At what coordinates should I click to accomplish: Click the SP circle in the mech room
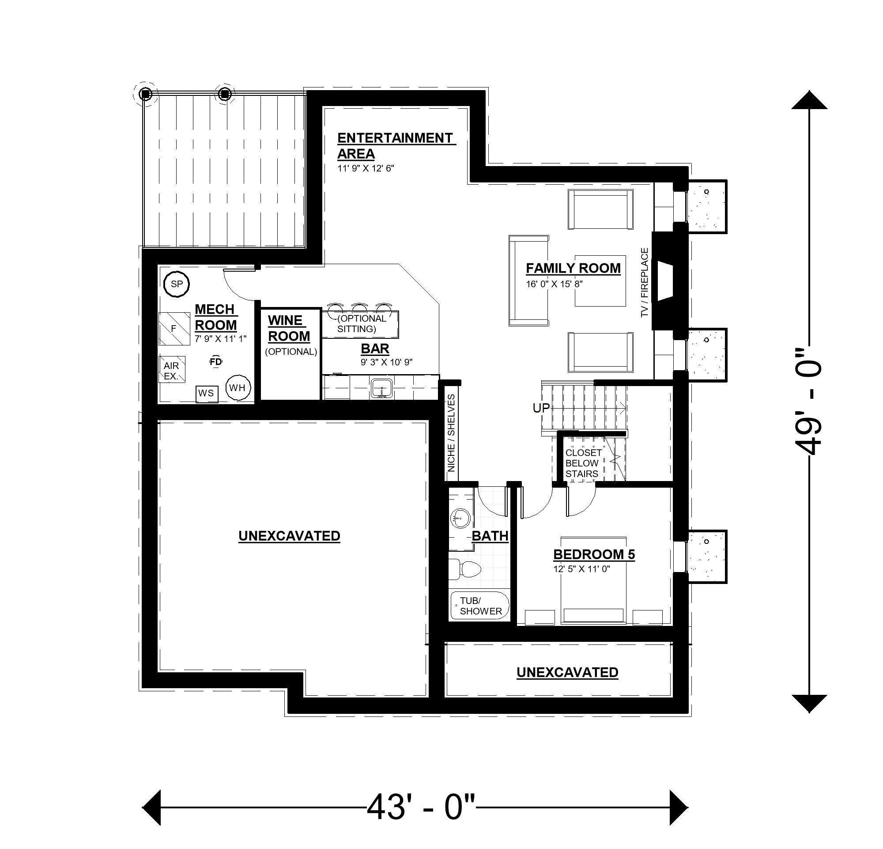tap(177, 284)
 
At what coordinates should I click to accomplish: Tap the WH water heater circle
tap(238, 387)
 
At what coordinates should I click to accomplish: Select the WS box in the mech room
tap(207, 394)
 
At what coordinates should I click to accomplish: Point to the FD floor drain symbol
tap(216, 361)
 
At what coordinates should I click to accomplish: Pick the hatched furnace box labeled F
tap(174, 329)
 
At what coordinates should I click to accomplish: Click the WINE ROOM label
tap(288, 329)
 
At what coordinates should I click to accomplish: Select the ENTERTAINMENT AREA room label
tap(395, 146)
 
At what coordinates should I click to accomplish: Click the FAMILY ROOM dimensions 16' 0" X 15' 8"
tap(555, 284)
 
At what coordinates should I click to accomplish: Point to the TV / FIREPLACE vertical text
tap(644, 283)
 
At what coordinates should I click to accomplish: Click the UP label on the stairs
tap(541, 408)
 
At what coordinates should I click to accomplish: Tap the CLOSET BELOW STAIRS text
tap(583, 463)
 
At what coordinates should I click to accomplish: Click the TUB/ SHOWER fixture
tap(480, 606)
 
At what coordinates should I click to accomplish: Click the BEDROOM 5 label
tap(594, 555)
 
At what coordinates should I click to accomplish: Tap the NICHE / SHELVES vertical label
tap(451, 433)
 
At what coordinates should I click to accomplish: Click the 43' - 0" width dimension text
tap(421, 807)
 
